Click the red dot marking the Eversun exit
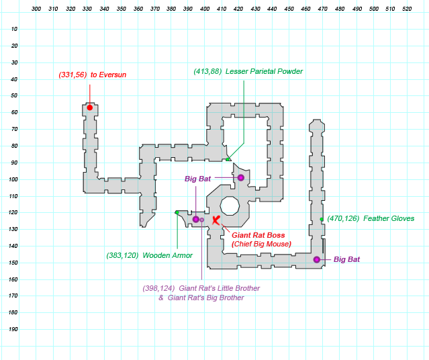89,107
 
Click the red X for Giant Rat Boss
216,220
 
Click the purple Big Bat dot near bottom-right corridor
317,259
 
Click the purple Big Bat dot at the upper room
241,177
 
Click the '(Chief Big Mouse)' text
261,244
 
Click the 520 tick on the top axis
406,10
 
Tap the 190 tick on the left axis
14,329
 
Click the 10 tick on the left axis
15,29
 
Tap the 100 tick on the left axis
14,179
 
